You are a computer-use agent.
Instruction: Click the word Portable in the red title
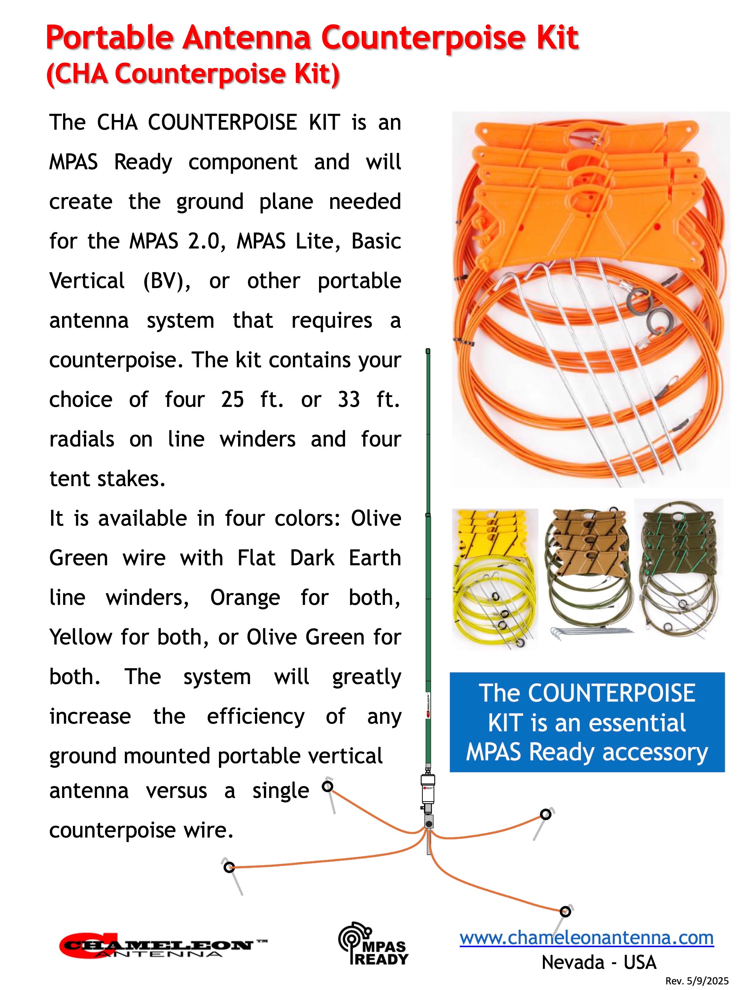click(x=109, y=38)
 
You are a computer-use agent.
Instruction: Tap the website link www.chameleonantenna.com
click(x=587, y=938)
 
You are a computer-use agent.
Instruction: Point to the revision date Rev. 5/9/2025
click(x=697, y=981)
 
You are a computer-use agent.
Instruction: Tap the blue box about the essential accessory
click(x=587, y=722)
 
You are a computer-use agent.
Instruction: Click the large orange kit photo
click(x=591, y=299)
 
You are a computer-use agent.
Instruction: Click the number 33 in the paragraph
click(x=349, y=399)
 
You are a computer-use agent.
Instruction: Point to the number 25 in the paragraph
click(x=232, y=399)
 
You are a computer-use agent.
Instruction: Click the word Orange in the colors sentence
click(x=245, y=598)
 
